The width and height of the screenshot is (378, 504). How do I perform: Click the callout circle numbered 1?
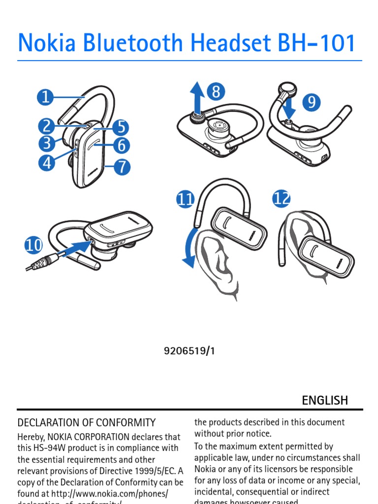point(45,97)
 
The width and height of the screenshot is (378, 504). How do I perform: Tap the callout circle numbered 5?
point(121,127)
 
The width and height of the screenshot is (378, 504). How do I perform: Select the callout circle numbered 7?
point(122,167)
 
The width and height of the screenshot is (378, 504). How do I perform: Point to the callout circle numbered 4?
point(47,162)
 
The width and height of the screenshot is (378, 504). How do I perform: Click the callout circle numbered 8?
point(216,92)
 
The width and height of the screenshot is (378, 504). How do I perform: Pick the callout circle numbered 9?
point(311,102)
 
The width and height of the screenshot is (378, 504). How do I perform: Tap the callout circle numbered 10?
point(33,245)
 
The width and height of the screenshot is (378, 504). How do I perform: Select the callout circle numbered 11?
point(186,200)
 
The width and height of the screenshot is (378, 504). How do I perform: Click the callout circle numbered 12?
point(282,199)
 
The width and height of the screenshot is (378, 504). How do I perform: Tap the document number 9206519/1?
point(189,351)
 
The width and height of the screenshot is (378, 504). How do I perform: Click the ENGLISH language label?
point(325,400)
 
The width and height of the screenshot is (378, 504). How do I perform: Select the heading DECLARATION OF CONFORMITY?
point(87,422)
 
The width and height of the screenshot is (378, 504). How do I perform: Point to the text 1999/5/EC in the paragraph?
point(153,471)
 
